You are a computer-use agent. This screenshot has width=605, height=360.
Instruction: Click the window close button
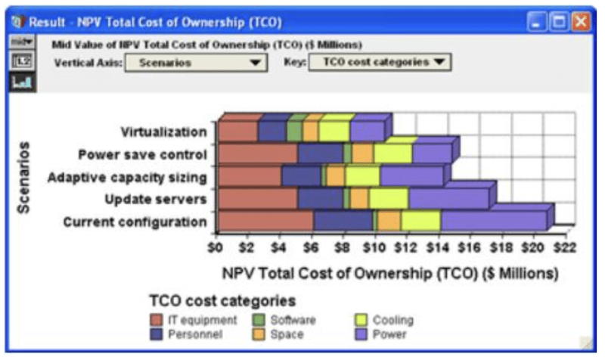581,21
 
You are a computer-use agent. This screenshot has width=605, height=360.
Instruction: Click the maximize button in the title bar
559,21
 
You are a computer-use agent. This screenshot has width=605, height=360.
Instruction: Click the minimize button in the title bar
537,21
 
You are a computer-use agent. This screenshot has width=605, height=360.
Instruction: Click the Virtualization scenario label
163,132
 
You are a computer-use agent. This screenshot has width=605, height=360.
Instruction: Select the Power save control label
142,154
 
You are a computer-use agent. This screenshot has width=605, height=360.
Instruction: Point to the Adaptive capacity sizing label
127,177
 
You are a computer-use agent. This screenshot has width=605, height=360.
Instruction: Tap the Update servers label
156,200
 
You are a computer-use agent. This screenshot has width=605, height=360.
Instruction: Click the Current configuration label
135,222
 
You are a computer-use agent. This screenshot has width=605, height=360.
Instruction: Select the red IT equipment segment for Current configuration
265,221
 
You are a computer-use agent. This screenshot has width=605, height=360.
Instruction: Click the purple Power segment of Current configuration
494,221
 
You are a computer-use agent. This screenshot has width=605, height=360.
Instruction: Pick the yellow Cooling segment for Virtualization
334,131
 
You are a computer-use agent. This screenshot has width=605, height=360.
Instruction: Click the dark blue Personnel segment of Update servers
320,199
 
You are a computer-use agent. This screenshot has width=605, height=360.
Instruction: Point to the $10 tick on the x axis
374,247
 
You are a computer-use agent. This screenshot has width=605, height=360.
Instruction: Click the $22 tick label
564,247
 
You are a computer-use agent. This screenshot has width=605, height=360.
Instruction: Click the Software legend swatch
259,320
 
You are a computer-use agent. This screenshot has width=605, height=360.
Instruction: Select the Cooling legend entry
384,320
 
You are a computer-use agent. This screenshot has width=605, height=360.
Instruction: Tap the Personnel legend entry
186,334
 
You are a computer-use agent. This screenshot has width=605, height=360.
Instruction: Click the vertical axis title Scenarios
23,178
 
